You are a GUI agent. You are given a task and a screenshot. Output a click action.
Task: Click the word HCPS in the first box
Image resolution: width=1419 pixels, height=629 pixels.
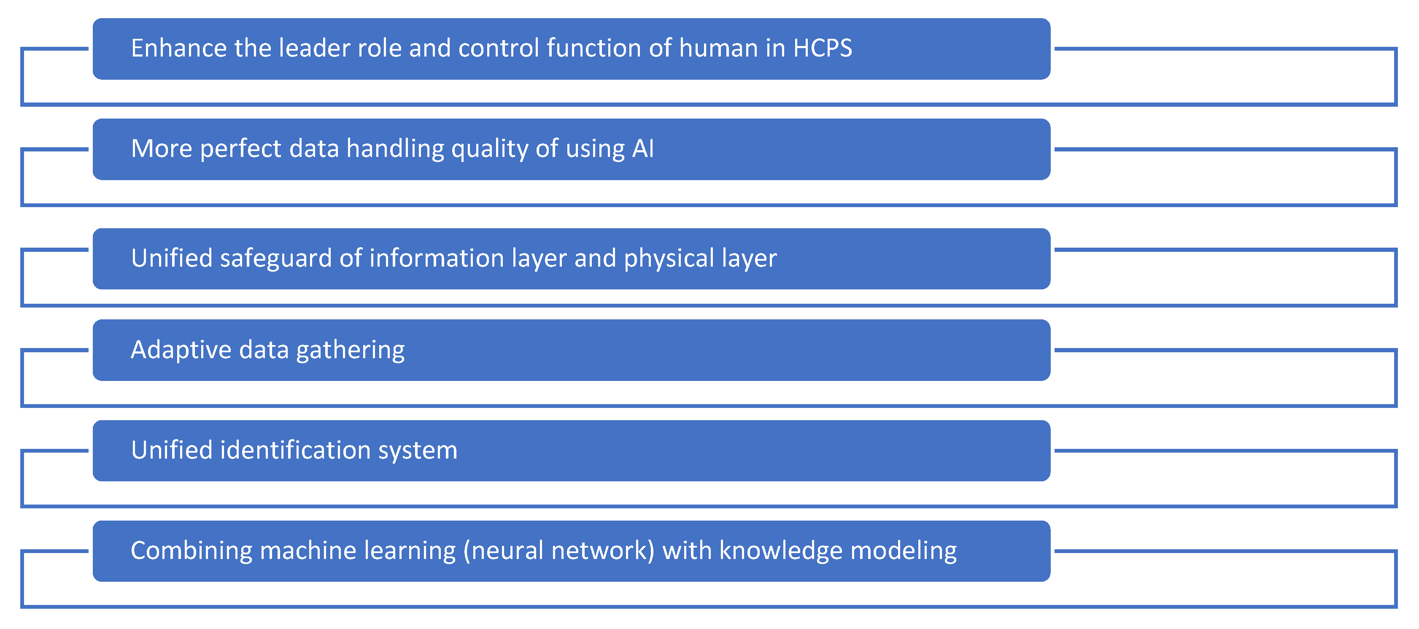tap(823, 49)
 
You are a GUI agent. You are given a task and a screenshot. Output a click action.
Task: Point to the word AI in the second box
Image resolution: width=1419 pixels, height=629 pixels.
tap(643, 149)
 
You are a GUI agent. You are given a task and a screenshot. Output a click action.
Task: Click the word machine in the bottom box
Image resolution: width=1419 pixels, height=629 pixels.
tap(308, 551)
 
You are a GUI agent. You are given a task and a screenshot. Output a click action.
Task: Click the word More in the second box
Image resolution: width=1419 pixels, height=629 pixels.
tap(162, 149)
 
